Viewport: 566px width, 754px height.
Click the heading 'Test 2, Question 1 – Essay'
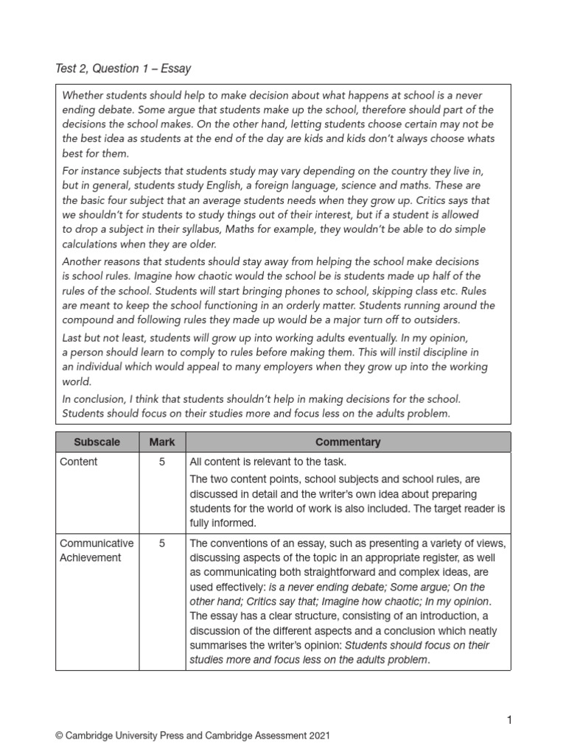[123, 68]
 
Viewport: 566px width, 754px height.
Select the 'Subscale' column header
[97, 442]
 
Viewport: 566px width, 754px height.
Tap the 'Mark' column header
[162, 442]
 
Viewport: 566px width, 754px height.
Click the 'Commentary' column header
[348, 442]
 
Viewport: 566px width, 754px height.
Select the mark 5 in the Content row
[162, 462]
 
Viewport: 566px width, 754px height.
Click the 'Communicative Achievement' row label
[97, 550]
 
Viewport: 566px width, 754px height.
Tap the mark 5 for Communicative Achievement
[162, 543]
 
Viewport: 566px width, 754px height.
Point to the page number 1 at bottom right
[508, 719]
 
